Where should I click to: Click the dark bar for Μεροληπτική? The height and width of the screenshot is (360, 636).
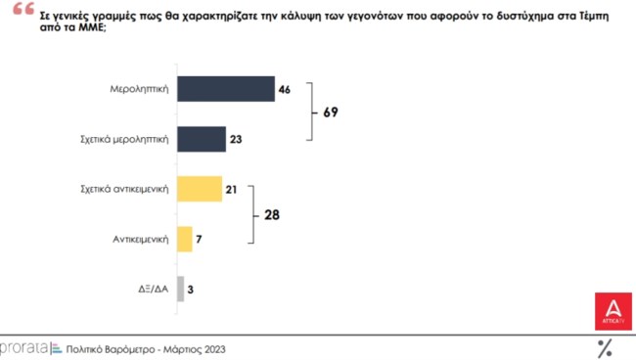(x=225, y=89)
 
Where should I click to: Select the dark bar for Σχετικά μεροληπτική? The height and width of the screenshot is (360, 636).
(x=201, y=139)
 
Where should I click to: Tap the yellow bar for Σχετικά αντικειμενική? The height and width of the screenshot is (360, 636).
(x=199, y=189)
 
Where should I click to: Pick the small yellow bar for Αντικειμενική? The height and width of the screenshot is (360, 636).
(x=184, y=239)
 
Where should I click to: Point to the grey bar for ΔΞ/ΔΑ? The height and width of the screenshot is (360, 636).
(x=180, y=289)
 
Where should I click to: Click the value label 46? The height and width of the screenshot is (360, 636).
(x=285, y=90)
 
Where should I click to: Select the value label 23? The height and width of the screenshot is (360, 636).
(x=236, y=140)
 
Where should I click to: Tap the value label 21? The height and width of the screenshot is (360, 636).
(x=232, y=189)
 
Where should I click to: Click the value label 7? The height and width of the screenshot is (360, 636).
(x=201, y=239)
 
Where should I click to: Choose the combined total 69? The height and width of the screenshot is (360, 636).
(x=331, y=113)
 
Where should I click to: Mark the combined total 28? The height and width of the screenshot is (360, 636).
(x=273, y=213)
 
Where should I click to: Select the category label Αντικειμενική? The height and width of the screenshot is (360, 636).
(x=141, y=239)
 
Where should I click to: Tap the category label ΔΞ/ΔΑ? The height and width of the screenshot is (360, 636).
(x=155, y=289)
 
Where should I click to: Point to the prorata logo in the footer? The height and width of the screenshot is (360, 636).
(x=23, y=347)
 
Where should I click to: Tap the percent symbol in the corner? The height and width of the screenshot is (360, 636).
(x=605, y=346)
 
